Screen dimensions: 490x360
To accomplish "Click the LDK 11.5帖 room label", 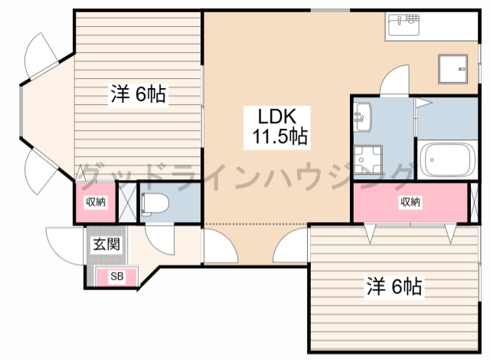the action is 277,127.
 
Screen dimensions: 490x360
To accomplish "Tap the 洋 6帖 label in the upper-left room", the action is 138,93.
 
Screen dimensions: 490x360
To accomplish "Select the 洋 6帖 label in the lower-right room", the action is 394,286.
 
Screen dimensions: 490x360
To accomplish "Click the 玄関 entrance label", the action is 107,244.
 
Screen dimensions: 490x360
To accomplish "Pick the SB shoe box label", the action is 117,277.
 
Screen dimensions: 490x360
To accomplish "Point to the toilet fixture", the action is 155,204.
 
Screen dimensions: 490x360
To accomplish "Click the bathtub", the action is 447,160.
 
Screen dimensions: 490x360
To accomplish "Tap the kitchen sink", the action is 403,25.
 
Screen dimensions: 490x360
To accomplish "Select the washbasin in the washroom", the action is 362,117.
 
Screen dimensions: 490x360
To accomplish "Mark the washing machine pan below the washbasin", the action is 367,159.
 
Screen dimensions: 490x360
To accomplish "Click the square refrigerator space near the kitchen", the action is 452,69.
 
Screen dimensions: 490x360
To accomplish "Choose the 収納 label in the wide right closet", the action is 410,202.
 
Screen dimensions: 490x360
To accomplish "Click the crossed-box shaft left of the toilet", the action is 128,202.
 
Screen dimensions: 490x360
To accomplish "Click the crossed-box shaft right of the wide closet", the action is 475,202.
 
